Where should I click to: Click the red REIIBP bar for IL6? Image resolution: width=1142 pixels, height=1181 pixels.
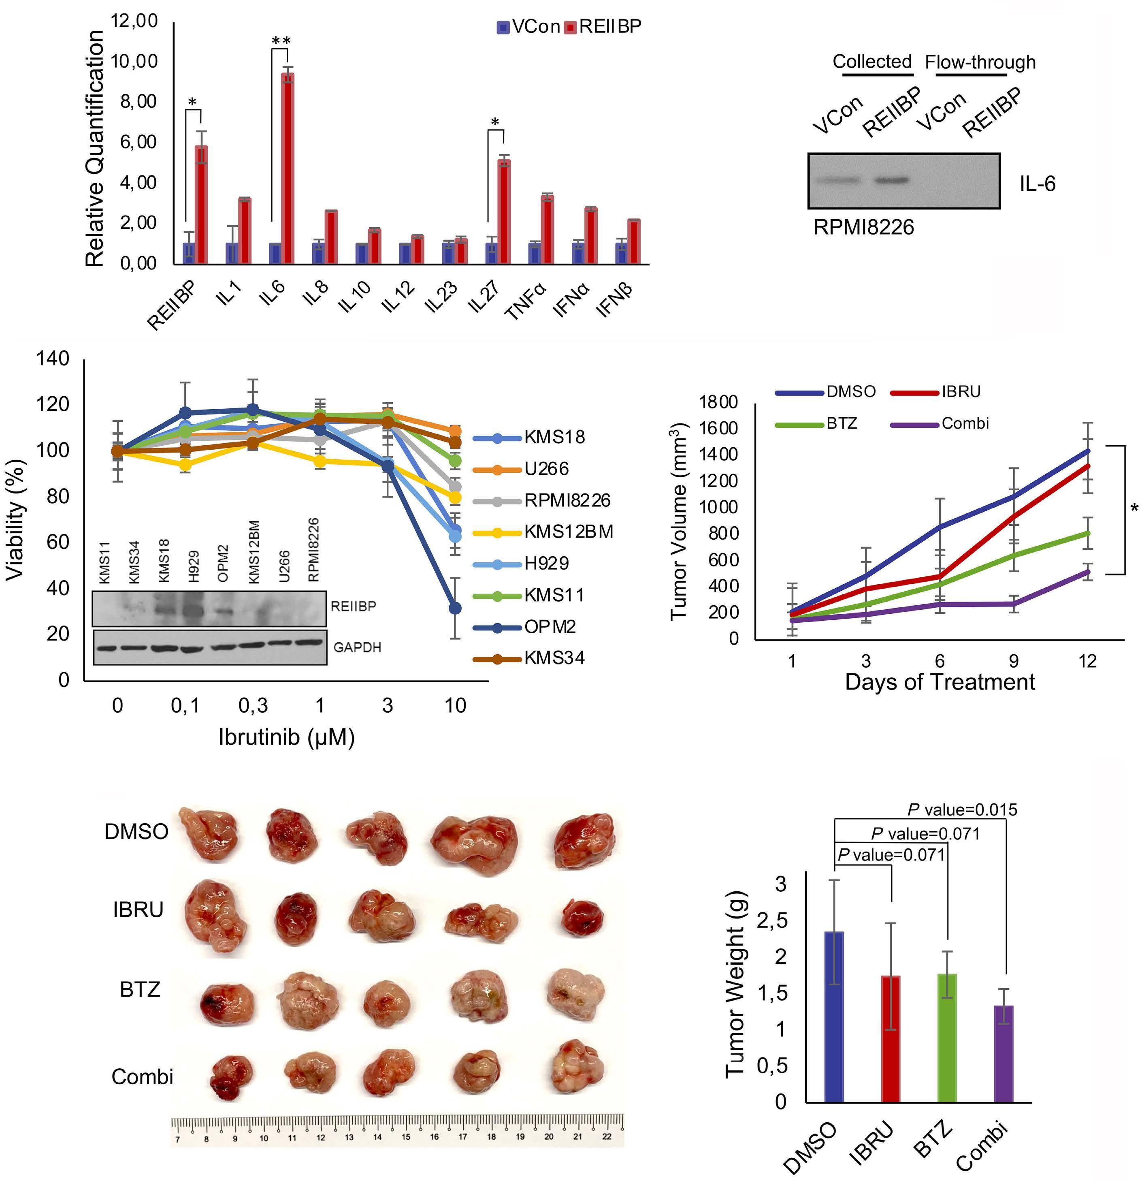288,168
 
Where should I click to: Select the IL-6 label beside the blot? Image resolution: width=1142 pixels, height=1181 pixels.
1037,184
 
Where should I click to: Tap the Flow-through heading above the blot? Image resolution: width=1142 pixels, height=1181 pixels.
980,62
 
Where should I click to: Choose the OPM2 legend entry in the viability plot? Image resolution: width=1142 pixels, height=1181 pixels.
549,627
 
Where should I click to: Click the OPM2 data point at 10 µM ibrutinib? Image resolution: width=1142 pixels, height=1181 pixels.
455,609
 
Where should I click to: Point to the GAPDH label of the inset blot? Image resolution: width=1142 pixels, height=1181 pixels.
357,647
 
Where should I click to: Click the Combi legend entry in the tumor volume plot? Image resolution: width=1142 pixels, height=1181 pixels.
965,424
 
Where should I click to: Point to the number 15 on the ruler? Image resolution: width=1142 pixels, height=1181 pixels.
406,1137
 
